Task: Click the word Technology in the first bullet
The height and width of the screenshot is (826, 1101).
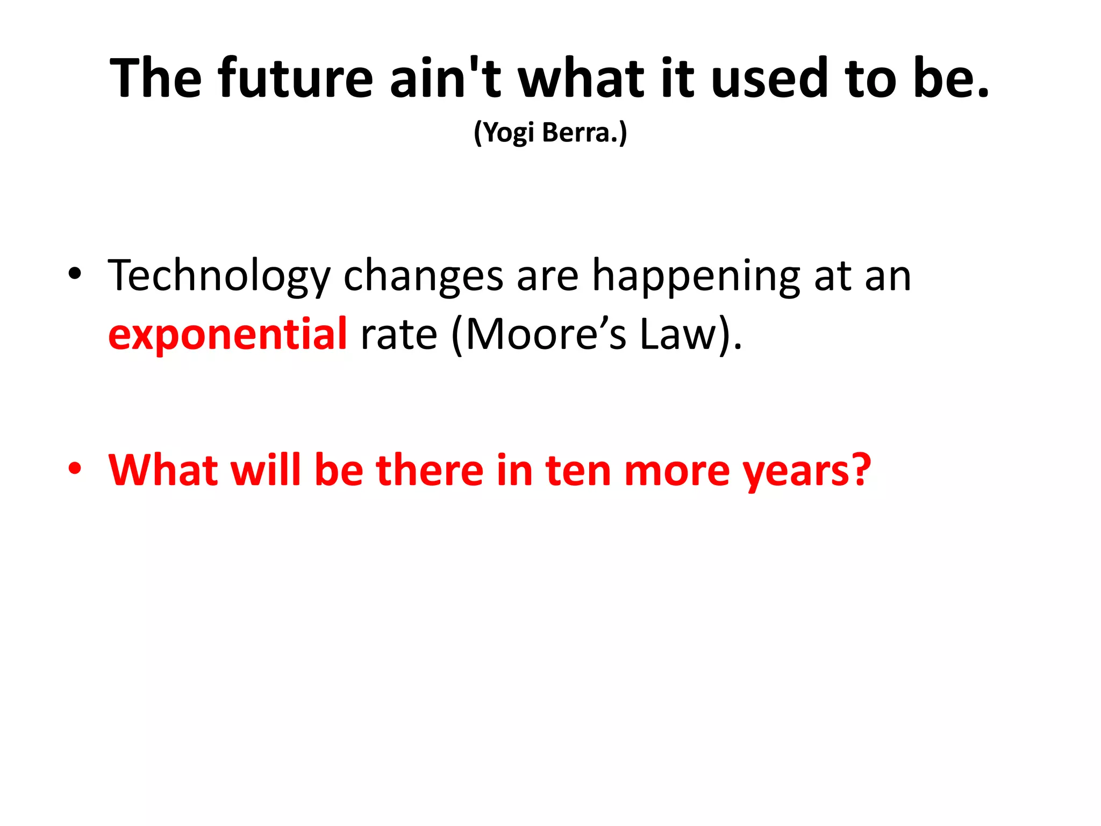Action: coord(219,276)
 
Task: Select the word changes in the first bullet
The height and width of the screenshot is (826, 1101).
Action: coord(423,276)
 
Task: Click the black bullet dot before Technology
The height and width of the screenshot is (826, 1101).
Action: coord(75,274)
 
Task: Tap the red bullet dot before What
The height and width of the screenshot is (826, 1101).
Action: coord(75,468)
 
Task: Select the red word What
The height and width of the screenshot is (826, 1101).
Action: coord(162,470)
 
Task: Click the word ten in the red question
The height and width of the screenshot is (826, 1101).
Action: coord(578,470)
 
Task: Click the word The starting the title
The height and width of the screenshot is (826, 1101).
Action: coord(156,79)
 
